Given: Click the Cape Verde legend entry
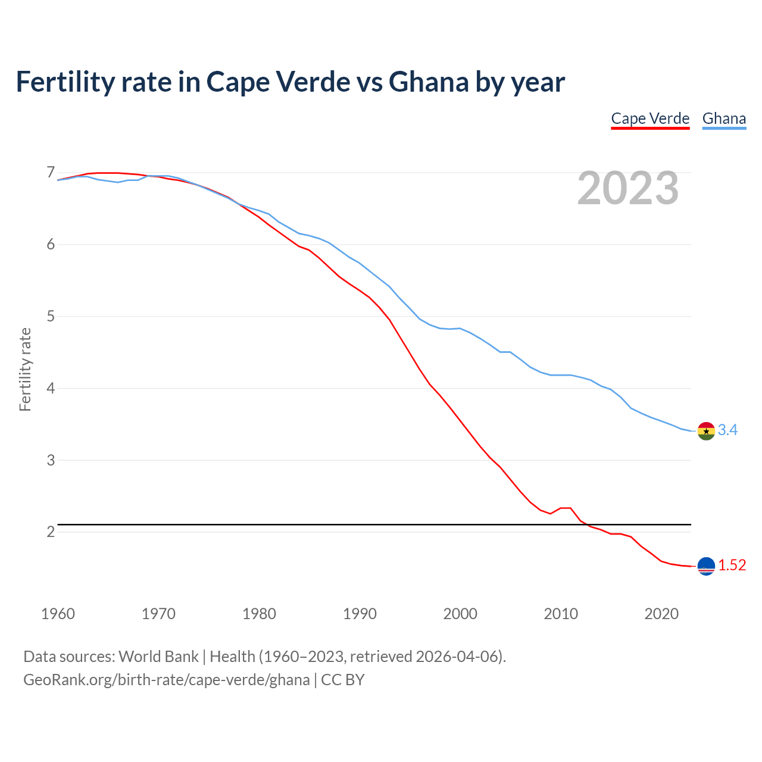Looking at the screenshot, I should click(650, 118).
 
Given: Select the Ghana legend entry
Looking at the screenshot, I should click(724, 118).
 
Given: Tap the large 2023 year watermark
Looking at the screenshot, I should click(628, 188).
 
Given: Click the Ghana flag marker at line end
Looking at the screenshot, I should click(706, 430).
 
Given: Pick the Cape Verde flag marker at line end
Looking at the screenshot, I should click(706, 566).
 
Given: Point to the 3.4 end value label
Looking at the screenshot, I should click(727, 430).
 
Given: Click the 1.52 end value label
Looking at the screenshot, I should click(732, 565).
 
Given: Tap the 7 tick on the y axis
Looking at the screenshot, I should click(51, 173).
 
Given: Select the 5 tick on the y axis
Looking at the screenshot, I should click(51, 316).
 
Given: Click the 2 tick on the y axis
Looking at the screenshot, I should click(51, 532).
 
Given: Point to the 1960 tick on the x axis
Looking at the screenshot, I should click(58, 614).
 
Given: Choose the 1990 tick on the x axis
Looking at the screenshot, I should click(360, 614).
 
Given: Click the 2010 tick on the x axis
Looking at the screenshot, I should click(561, 614).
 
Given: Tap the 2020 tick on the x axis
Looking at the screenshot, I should click(661, 614).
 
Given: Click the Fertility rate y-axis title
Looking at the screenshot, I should click(25, 369).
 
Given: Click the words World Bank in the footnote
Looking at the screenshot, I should click(158, 657).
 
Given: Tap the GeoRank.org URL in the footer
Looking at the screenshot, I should click(166, 680).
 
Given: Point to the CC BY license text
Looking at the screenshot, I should click(343, 680).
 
